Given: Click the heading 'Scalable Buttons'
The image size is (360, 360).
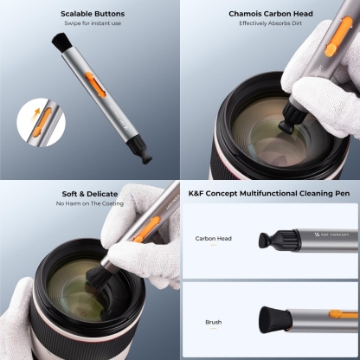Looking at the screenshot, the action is [93, 14].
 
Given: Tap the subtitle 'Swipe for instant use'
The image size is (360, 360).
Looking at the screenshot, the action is [93, 23].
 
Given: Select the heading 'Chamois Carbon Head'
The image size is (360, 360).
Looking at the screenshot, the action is [271, 14].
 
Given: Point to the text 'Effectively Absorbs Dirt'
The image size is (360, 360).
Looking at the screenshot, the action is [270, 23].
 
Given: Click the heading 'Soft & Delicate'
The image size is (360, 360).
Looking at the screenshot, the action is [90, 194].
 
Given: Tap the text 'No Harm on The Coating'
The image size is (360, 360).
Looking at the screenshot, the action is [90, 203].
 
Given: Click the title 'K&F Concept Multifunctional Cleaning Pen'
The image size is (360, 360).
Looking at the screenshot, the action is [269, 193].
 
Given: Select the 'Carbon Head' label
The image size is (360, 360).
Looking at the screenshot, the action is [214, 239].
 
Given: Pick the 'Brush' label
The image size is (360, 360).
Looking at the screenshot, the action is [214, 322].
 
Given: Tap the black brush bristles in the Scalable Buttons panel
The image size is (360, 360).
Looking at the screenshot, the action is [60, 42].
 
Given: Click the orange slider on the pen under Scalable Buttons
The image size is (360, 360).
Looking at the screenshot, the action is [95, 84].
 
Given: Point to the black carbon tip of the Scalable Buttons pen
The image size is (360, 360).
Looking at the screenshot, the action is [145, 157].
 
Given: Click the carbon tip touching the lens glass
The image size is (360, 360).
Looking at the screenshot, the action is [285, 125].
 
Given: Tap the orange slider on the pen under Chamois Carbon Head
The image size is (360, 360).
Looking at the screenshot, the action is [338, 36].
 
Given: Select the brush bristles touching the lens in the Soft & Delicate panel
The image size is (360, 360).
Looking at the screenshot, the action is [97, 278].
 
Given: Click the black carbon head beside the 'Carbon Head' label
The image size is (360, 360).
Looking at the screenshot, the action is [267, 240].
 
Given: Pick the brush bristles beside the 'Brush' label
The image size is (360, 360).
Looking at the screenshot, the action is [275, 320].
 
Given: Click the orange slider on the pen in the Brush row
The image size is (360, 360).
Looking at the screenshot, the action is [344, 314].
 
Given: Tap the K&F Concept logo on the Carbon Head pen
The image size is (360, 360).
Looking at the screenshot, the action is [331, 235].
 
